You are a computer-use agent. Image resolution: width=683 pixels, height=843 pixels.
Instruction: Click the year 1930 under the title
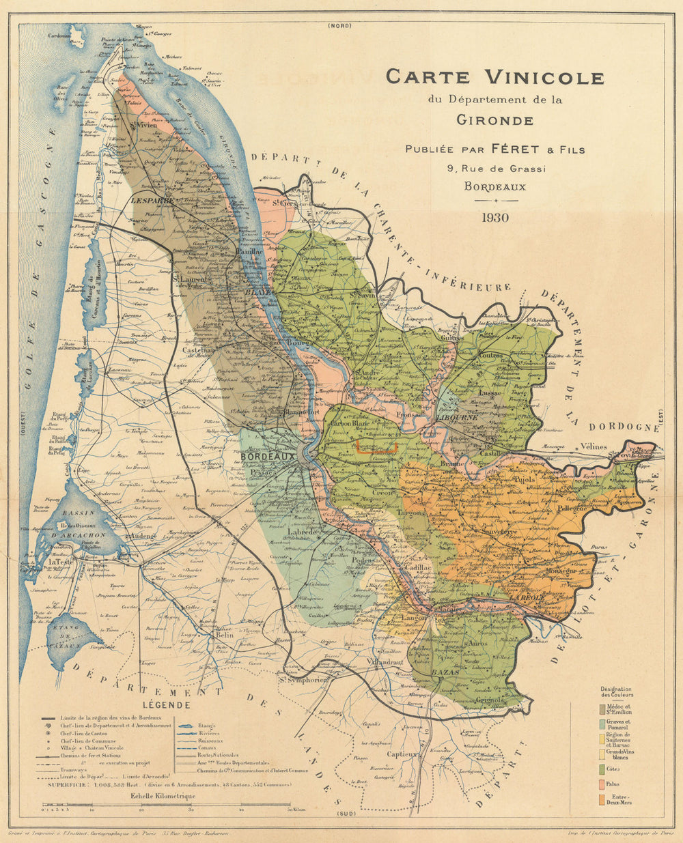[495, 218]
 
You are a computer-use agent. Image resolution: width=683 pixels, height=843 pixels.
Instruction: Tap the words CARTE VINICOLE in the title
[494, 77]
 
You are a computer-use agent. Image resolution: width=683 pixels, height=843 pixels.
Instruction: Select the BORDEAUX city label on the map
[268, 456]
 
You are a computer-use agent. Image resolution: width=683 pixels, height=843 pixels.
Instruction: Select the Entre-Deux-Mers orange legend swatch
[602, 799]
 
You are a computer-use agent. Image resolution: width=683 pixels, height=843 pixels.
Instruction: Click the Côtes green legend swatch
[602, 768]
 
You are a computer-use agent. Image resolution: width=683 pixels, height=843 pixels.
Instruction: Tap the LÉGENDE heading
[166, 704]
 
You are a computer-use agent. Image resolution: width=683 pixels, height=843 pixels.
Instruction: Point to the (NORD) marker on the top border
[339, 26]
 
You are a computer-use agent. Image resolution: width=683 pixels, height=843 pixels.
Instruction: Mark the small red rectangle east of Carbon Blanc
[376, 447]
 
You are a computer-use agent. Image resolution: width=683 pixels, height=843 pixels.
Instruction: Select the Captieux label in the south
[402, 754]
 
